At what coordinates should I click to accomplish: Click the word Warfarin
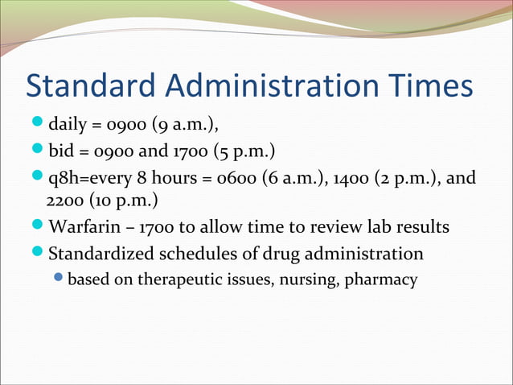(80, 227)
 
